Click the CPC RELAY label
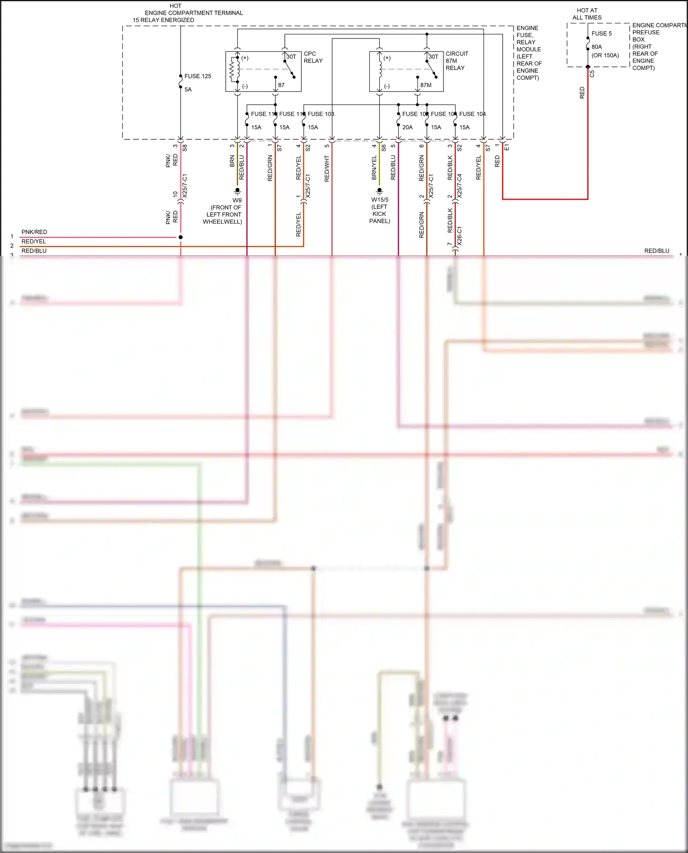pos(313,57)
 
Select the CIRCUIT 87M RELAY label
pos(457,61)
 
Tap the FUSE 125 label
pos(198,76)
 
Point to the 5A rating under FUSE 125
pos(188,89)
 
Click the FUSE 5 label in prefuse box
pos(601,33)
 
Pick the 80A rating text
pos(597,47)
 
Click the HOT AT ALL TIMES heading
pos(587,14)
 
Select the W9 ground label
pos(237,200)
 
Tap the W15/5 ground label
pos(380,200)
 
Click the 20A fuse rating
pos(407,127)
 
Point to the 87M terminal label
pos(426,85)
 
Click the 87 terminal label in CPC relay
pos(281,85)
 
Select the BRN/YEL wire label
pos(374,167)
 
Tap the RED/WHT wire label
pos(327,169)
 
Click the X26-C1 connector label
pos(460,236)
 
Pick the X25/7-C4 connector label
pos(460,186)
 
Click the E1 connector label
pos(507,147)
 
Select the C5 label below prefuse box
pos(592,73)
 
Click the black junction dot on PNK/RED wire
pos(181,237)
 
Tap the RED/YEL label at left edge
pos(33,242)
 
